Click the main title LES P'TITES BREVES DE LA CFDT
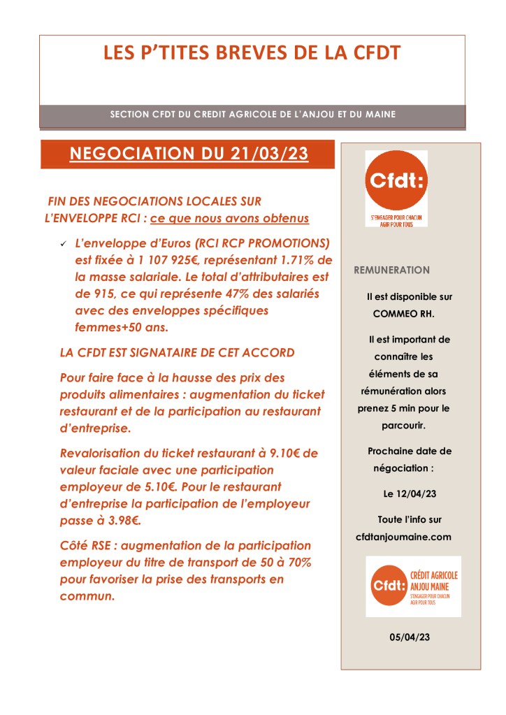pyautogui.click(x=252, y=53)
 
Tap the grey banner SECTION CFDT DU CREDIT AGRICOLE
pyautogui.click(x=252, y=114)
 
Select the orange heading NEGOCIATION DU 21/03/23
pyautogui.click(x=189, y=154)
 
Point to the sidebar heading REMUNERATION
pyautogui.click(x=392, y=270)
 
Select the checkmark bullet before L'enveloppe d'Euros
pyautogui.click(x=63, y=243)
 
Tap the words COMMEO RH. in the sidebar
pyautogui.click(x=403, y=314)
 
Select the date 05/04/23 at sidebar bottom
pyautogui.click(x=410, y=637)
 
